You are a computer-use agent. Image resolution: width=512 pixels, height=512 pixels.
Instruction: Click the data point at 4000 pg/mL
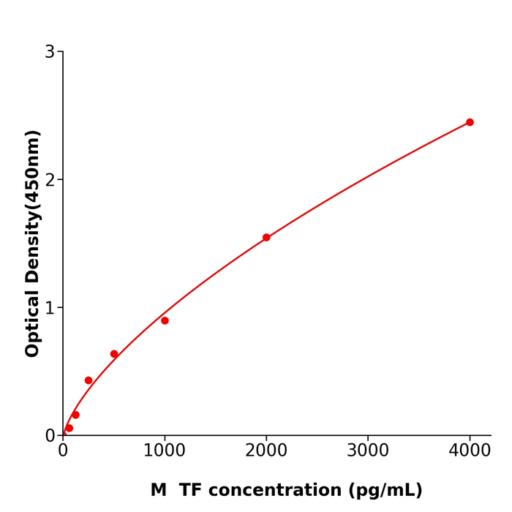(470, 122)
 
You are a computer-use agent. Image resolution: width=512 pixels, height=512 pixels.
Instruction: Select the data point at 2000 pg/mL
(266, 238)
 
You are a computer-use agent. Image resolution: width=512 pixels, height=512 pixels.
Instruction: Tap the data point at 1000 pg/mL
(165, 320)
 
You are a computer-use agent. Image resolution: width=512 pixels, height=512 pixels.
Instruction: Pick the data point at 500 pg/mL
(114, 354)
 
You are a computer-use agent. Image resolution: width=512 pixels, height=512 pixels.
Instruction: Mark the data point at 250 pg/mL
(89, 380)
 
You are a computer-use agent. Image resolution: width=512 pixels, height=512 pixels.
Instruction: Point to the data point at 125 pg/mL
(75, 415)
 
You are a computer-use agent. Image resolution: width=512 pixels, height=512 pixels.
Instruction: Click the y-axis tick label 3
(50, 52)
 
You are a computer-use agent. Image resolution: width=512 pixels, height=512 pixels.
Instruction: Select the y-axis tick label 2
(50, 180)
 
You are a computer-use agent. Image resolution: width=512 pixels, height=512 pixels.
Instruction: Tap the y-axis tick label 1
(50, 308)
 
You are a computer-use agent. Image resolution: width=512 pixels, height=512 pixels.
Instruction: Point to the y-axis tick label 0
(50, 436)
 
